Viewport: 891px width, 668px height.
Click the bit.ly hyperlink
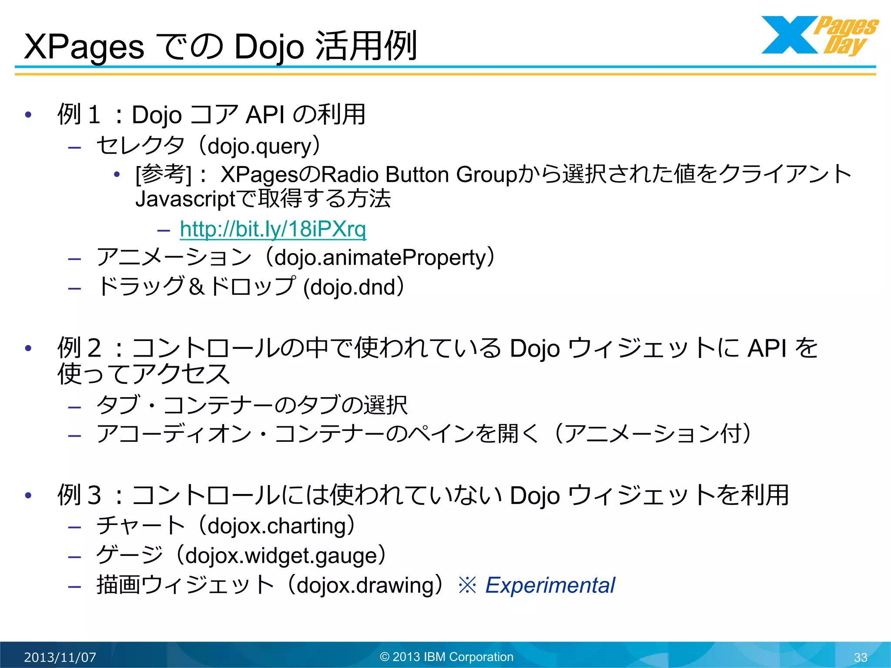click(x=273, y=229)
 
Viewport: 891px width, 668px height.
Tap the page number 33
click(x=860, y=657)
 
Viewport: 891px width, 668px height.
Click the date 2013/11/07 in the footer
click(x=60, y=657)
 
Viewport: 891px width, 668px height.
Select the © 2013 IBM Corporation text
click(x=446, y=657)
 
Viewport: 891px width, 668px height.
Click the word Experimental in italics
click(x=550, y=585)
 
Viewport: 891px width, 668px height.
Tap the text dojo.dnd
click(x=353, y=287)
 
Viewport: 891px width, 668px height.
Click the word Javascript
click(x=185, y=199)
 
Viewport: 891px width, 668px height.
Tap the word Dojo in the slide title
click(x=269, y=47)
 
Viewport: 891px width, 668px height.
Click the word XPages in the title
click(x=84, y=47)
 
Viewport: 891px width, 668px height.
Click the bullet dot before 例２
click(x=29, y=348)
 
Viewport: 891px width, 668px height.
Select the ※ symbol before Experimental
click(x=468, y=585)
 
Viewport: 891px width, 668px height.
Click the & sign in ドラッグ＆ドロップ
click(x=197, y=287)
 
